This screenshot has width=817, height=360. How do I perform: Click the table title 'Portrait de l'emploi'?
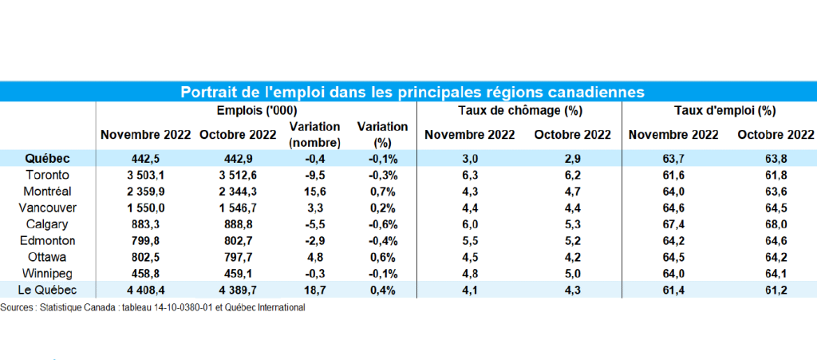click(412, 91)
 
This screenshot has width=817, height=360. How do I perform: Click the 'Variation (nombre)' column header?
click(314, 134)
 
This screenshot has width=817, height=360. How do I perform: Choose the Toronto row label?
click(48, 174)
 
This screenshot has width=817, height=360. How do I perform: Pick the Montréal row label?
click(48, 192)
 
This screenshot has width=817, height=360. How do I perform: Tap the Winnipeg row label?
click(48, 275)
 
